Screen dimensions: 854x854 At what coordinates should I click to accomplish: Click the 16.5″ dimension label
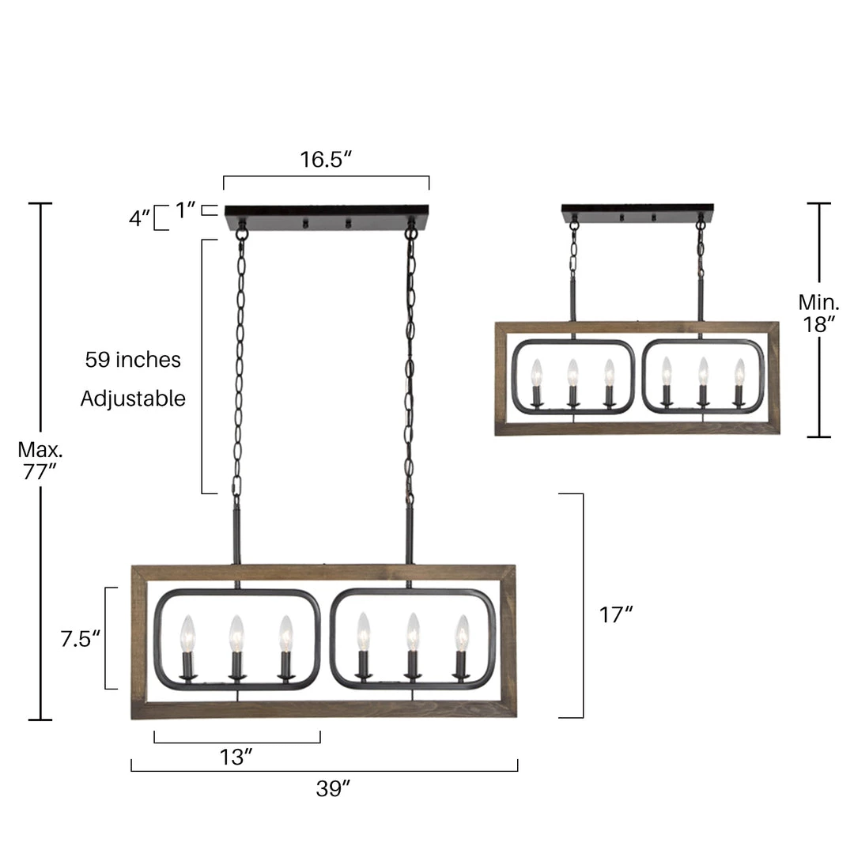[326, 159]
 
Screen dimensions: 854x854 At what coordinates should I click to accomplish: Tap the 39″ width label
[333, 788]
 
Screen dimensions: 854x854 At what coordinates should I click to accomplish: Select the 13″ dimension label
[236, 757]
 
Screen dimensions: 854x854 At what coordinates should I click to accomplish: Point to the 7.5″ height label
[81, 638]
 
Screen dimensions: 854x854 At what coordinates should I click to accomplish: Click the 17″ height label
[616, 615]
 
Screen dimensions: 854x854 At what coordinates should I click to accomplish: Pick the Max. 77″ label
[40, 460]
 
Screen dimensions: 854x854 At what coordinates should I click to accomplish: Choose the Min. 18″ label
[818, 313]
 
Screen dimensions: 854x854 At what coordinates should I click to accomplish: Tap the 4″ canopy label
[139, 218]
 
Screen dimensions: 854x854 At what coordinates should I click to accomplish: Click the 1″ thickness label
[185, 210]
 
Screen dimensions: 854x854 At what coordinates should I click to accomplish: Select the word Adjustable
[133, 399]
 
